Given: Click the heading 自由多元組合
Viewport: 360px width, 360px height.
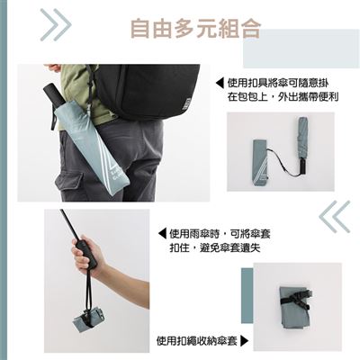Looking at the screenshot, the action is click(195, 29).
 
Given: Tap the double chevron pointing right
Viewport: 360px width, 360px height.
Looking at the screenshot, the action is click(56, 25).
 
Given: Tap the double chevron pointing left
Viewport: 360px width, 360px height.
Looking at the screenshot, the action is click(335, 217).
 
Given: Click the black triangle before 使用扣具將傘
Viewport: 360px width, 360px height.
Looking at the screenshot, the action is click(220, 83).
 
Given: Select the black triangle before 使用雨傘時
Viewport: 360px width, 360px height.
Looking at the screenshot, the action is click(162, 234).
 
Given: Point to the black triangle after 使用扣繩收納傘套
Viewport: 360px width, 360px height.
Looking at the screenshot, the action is click(245, 341).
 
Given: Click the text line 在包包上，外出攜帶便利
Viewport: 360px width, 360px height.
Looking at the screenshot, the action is click(283, 97).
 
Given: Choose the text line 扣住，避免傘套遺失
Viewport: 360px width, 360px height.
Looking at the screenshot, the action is click(215, 247).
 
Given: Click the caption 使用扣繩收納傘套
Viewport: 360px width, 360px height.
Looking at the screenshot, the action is click(197, 341).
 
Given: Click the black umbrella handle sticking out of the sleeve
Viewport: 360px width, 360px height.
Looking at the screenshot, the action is click(53, 95).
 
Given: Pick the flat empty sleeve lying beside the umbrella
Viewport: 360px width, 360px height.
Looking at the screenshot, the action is click(260, 162).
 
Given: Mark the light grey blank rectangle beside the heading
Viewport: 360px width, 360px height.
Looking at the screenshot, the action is click(301, 49).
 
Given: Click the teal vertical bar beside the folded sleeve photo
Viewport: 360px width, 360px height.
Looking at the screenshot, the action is click(247, 296).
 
